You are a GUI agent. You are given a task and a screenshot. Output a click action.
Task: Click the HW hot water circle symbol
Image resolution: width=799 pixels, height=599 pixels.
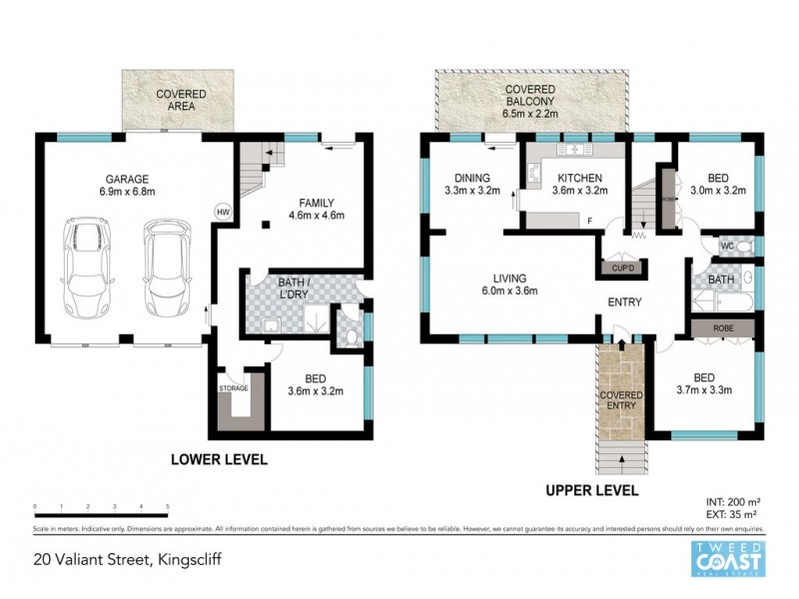click(223, 213)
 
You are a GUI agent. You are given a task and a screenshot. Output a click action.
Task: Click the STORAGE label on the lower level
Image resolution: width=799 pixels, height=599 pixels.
click(233, 387)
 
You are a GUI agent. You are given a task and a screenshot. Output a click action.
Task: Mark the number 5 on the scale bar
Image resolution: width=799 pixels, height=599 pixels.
click(168, 507)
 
